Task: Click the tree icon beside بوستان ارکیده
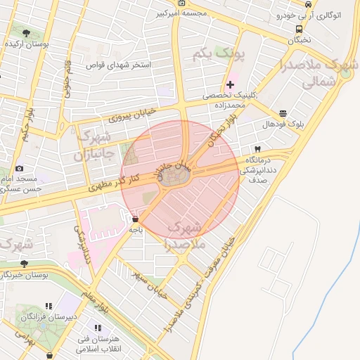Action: pyautogui.click(x=26, y=33)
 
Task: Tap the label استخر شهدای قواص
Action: pyautogui.click(x=119, y=65)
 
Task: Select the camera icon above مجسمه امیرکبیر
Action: pyautogui.click(x=183, y=3)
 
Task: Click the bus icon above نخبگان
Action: pyautogui.click(x=300, y=29)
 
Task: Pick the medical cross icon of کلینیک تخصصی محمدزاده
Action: pyautogui.click(x=230, y=84)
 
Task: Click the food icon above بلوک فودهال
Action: pyautogui.click(x=283, y=112)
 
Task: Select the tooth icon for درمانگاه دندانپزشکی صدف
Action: pyautogui.click(x=257, y=149)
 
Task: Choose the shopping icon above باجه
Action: pyautogui.click(x=135, y=219)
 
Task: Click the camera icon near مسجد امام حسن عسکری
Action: pyautogui.click(x=19, y=168)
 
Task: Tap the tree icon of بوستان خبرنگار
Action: pyautogui.click(x=24, y=264)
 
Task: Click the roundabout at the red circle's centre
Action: pyautogui.click(x=180, y=180)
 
